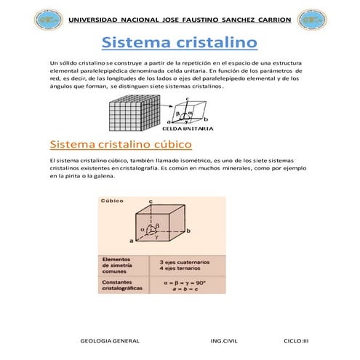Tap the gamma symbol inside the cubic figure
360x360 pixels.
click(x=156, y=237)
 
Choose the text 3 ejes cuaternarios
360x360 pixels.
click(x=181, y=260)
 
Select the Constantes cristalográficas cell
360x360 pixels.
click(x=124, y=286)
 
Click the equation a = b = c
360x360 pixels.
click(x=180, y=289)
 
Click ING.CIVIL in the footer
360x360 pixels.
click(x=224, y=340)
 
